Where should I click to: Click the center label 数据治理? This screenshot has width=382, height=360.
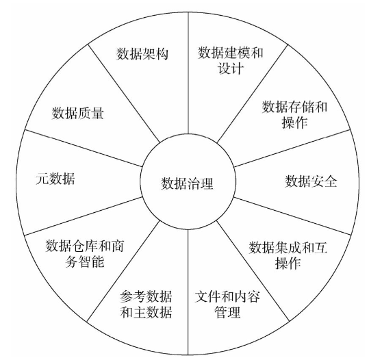click(187, 183)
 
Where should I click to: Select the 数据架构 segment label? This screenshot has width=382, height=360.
click(142, 53)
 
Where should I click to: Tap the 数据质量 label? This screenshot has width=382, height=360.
click(78, 113)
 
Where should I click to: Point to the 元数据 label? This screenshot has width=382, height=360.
click(55, 179)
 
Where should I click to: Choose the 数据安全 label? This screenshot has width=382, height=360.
click(311, 181)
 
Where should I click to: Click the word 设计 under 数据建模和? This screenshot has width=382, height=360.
click(231, 68)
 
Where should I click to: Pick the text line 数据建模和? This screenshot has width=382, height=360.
click(231, 53)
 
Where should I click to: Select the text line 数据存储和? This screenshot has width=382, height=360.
click(294, 107)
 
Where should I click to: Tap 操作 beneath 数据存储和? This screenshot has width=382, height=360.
click(294, 122)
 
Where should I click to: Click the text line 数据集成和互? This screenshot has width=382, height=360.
click(288, 248)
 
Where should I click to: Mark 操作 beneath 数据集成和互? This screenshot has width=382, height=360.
click(288, 263)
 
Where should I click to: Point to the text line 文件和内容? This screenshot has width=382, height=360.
click(227, 296)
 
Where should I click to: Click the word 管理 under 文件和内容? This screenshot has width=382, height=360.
click(227, 312)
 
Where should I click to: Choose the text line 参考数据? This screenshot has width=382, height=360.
click(146, 296)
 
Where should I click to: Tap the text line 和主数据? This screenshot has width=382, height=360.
click(146, 312)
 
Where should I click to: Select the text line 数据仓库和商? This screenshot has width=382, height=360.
click(84, 246)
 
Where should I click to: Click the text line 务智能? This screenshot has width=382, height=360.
click(84, 261)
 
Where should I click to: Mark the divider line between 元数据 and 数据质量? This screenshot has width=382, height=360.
click(84, 149)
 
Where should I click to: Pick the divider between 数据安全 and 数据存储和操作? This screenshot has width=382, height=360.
click(292, 149)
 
